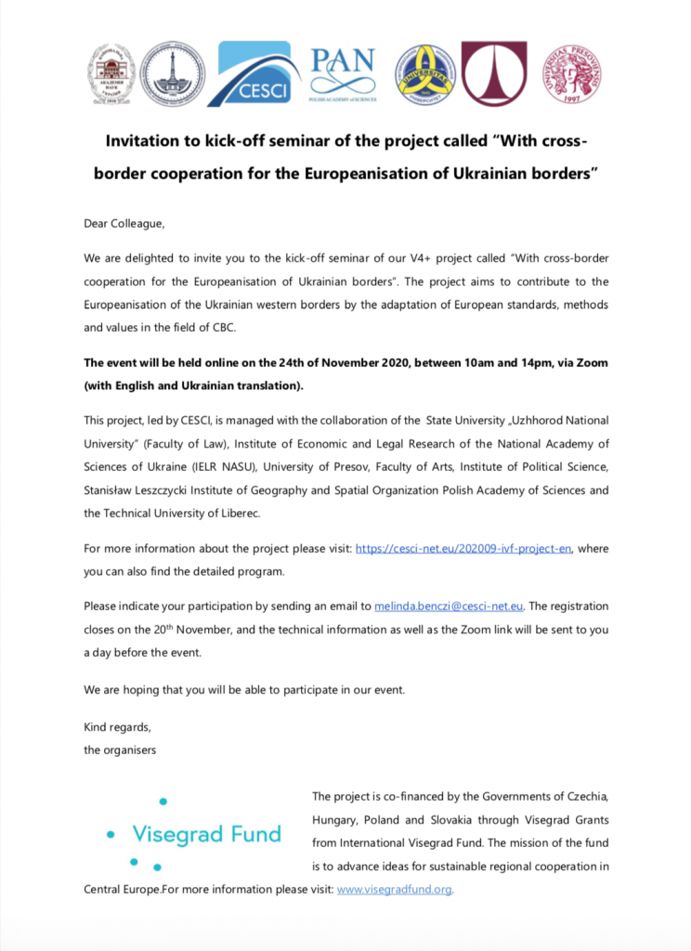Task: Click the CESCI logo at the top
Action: [x=254, y=74]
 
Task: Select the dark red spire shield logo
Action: [x=494, y=73]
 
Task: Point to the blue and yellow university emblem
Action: [x=425, y=74]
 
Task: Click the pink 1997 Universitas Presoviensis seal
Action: [x=571, y=73]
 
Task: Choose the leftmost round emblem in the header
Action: [x=111, y=73]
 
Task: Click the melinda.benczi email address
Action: [x=450, y=606]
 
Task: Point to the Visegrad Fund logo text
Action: [x=206, y=834]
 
